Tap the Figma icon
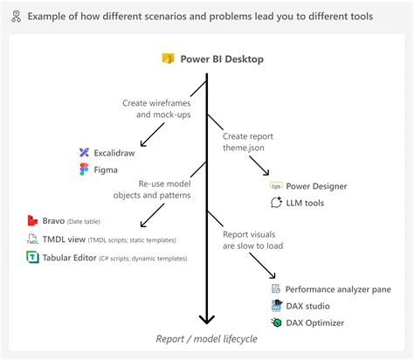coord(84,170)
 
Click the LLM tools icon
coord(276,203)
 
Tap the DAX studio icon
coord(276,306)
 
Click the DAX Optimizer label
coord(314,322)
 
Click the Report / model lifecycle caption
coord(207,338)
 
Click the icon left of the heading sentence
coord(15,17)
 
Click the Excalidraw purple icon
coord(84,152)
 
